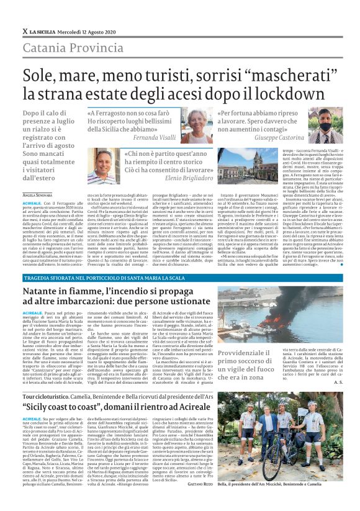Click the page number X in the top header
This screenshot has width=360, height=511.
25,30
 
